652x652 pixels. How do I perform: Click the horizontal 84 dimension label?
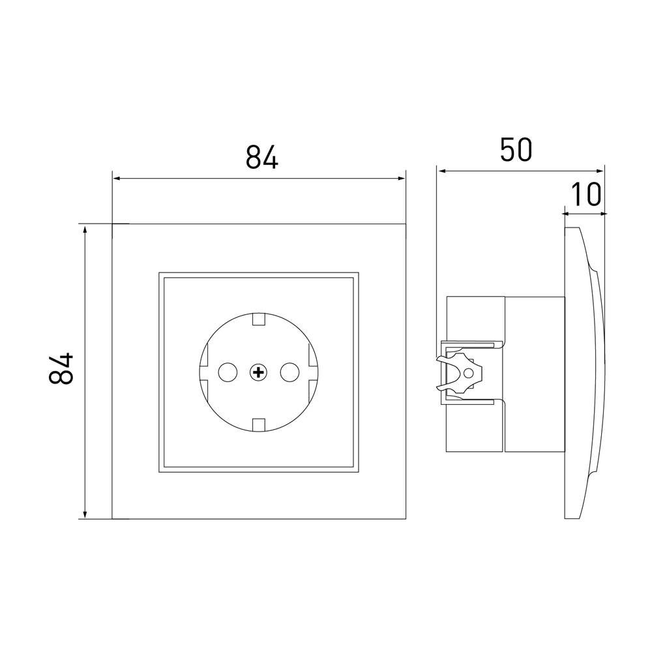[x=261, y=156]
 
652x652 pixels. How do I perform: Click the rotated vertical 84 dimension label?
[x=61, y=368]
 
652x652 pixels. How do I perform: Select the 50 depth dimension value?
[x=516, y=150]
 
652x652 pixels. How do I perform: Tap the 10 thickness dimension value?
[x=585, y=194]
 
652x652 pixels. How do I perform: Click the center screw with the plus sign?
[x=258, y=372]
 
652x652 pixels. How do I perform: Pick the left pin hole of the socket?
[x=228, y=372]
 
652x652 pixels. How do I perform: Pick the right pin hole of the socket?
[x=289, y=372]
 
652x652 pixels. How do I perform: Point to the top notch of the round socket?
[x=259, y=319]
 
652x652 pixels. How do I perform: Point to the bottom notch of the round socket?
[x=259, y=425]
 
